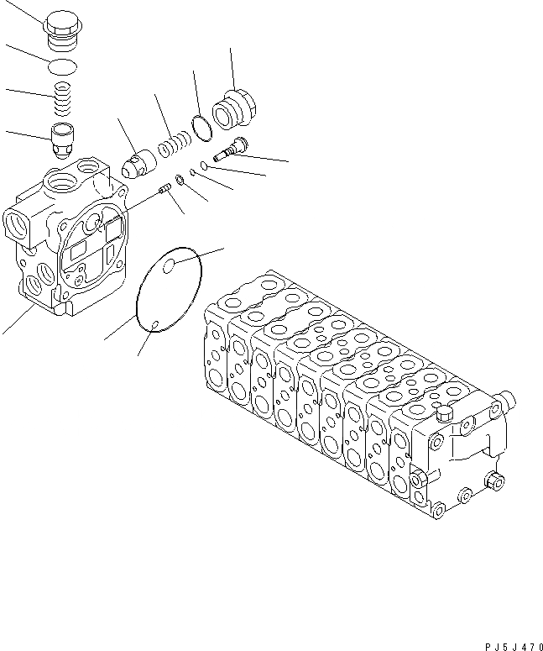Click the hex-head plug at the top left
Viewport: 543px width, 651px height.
(x=61, y=31)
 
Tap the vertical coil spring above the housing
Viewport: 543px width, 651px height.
(x=61, y=99)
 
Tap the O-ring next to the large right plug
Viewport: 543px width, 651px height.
(x=201, y=126)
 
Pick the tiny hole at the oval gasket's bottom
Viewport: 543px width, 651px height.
(x=157, y=323)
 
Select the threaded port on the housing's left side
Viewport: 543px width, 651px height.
(x=17, y=225)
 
